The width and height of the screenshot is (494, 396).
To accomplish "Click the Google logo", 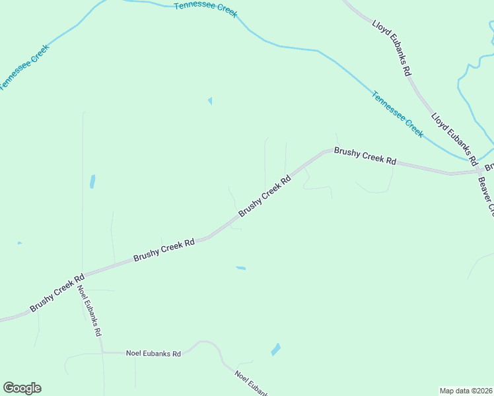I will pyautogui.click(x=22, y=388).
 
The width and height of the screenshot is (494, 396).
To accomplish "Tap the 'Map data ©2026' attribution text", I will pyautogui.click(x=465, y=391).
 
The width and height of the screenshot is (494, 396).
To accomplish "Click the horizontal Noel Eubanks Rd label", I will pyautogui.click(x=153, y=354).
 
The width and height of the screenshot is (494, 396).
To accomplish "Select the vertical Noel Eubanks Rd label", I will pyautogui.click(x=88, y=311).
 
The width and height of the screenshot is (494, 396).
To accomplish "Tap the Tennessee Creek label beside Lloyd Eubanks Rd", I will pyautogui.click(x=397, y=114).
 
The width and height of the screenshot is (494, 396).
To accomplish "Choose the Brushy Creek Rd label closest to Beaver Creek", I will pyautogui.click(x=365, y=156).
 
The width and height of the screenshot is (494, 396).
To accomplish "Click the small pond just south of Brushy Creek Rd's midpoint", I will pyautogui.click(x=241, y=268).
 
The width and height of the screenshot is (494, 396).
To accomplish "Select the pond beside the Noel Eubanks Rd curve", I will pyautogui.click(x=275, y=349).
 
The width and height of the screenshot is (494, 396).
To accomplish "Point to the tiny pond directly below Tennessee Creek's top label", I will pyautogui.click(x=210, y=101).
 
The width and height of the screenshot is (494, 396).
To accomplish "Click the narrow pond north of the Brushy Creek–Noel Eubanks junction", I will pyautogui.click(x=92, y=181).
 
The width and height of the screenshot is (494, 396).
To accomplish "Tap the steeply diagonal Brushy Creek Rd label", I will pyautogui.click(x=265, y=196).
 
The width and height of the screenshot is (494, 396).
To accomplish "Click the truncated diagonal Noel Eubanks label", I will pyautogui.click(x=251, y=383).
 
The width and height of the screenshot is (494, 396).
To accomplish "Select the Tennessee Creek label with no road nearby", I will pyautogui.click(x=205, y=9).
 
